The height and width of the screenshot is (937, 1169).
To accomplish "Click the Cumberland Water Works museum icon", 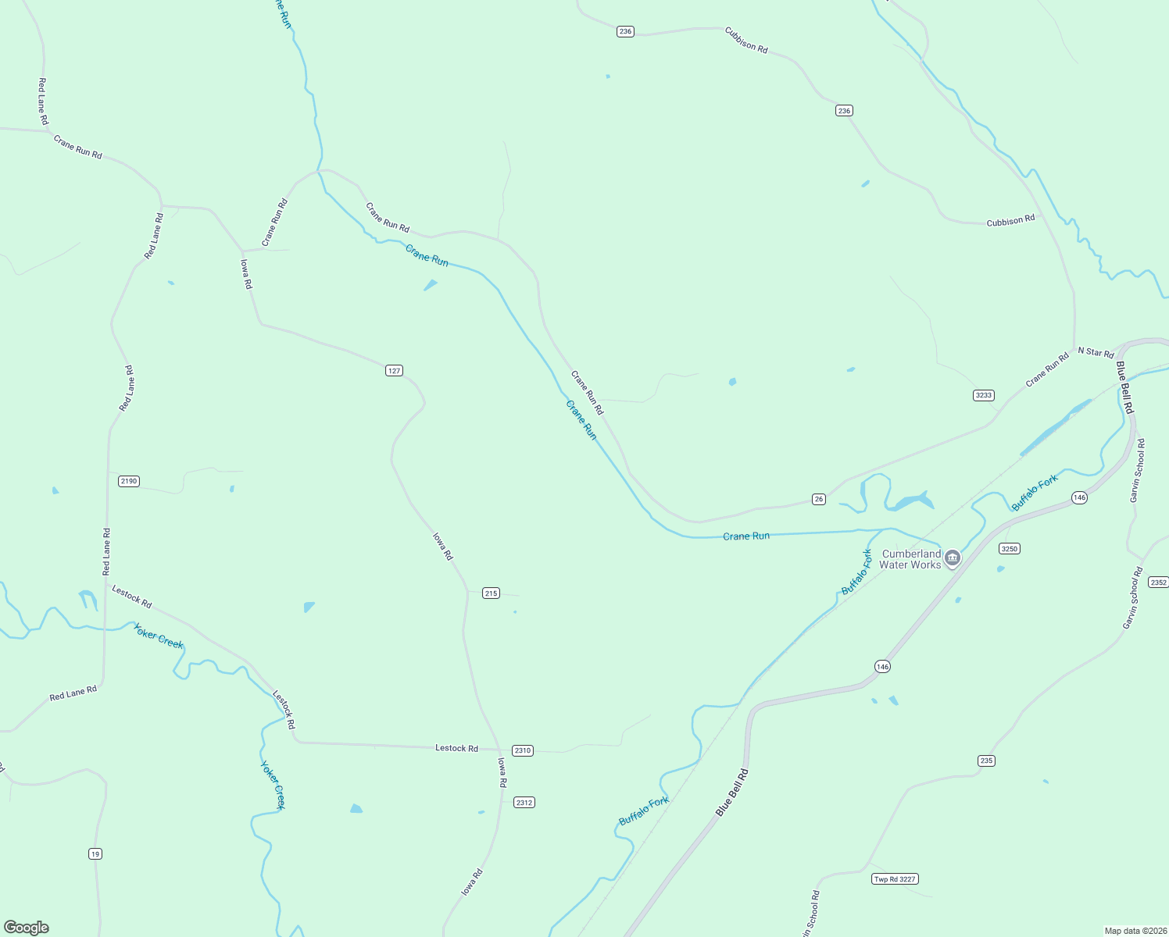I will tap(952, 558).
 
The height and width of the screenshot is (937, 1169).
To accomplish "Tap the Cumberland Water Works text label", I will tap(910, 559).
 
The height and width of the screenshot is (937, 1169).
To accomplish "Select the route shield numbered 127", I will tap(395, 370).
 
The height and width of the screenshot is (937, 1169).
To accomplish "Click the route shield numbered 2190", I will tap(129, 481).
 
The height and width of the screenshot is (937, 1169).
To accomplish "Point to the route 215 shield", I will tap(491, 593).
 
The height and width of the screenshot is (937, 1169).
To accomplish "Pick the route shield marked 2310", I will tap(522, 750).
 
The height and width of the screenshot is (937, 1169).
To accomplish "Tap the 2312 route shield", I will tap(524, 803).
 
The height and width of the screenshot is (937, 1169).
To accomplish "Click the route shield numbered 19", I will tap(95, 854).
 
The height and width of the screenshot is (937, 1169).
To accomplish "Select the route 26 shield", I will tap(818, 499).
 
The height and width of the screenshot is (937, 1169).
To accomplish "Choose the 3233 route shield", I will tap(983, 395).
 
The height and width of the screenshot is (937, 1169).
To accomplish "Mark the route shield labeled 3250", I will tap(1010, 549).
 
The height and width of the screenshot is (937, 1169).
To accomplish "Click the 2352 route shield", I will tap(1158, 583).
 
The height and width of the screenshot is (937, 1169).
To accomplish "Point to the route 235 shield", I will tap(986, 761).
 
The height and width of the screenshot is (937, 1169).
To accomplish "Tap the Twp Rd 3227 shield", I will tap(894, 879).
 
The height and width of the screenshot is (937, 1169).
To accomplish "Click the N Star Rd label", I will tap(1096, 352).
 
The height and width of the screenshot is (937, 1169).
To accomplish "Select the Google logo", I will tap(27, 928).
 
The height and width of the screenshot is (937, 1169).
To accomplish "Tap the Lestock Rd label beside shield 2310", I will tap(456, 748).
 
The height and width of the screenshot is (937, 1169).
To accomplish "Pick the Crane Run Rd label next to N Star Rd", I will tap(1047, 370).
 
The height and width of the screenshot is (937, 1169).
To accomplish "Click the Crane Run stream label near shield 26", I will tap(746, 536).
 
